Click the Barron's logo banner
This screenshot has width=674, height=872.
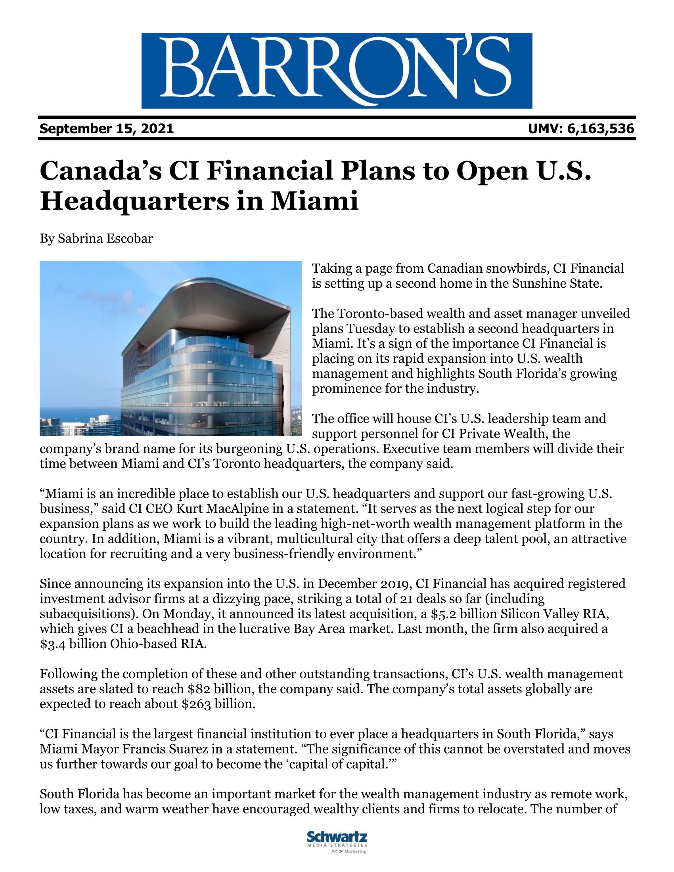337,70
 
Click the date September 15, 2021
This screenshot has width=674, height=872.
107,128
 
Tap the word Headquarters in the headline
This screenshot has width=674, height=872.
134,201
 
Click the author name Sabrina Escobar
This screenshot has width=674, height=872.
105,239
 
